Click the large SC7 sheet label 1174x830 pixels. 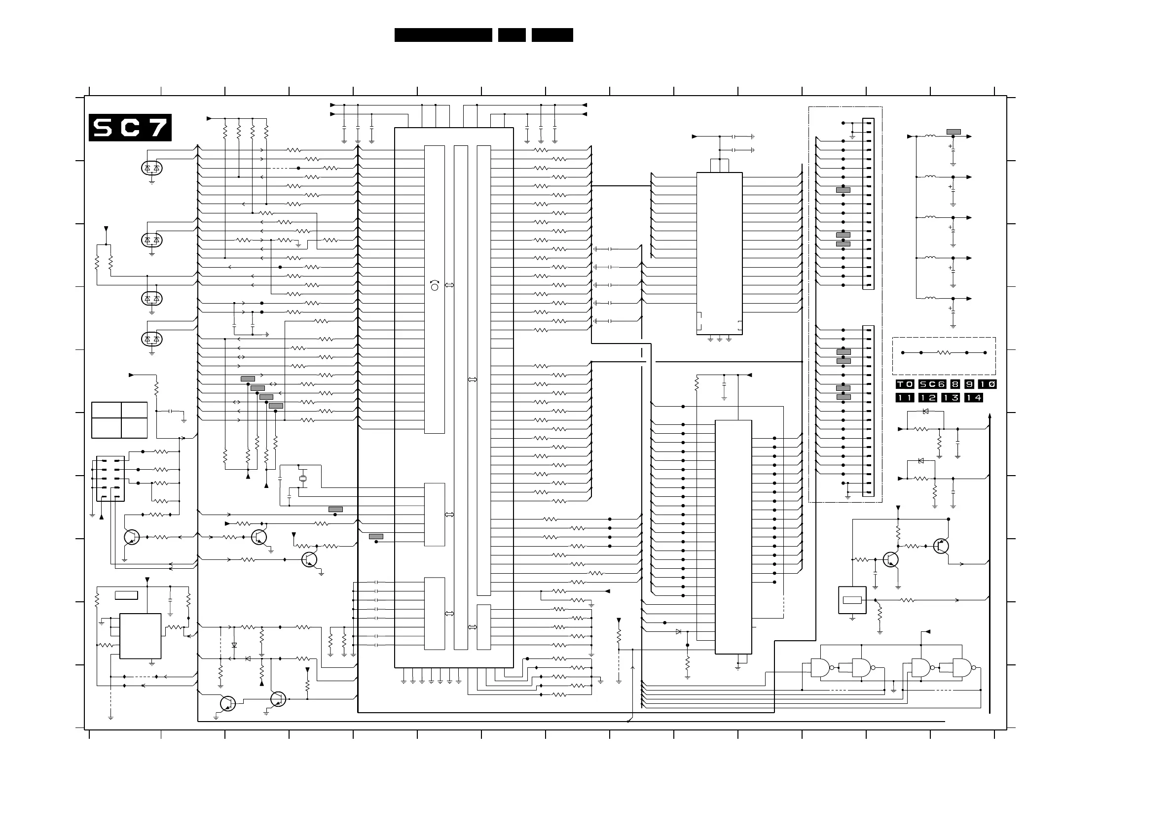pos(130,127)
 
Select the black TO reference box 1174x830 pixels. pos(904,384)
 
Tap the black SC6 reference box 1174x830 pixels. pos(931,384)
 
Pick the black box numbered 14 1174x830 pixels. pos(973,398)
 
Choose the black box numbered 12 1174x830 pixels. pos(927,398)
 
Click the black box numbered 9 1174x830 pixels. pos(969,384)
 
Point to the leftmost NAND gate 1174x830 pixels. pos(820,667)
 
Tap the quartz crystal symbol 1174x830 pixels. pos(302,479)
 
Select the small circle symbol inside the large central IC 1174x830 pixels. pos(435,287)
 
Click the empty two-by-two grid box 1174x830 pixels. pos(119,420)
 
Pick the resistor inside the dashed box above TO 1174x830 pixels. pos(944,352)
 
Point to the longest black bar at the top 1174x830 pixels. pos(443,35)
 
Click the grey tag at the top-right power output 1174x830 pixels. pos(954,132)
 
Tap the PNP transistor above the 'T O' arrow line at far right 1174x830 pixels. pos(941,546)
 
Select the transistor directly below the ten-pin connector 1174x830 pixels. pos(132,537)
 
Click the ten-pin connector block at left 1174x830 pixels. pos(110,479)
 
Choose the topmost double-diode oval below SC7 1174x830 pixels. pos(152,168)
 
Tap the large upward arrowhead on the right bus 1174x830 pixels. pos(990,416)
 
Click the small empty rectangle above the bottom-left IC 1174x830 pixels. pos(126,595)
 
